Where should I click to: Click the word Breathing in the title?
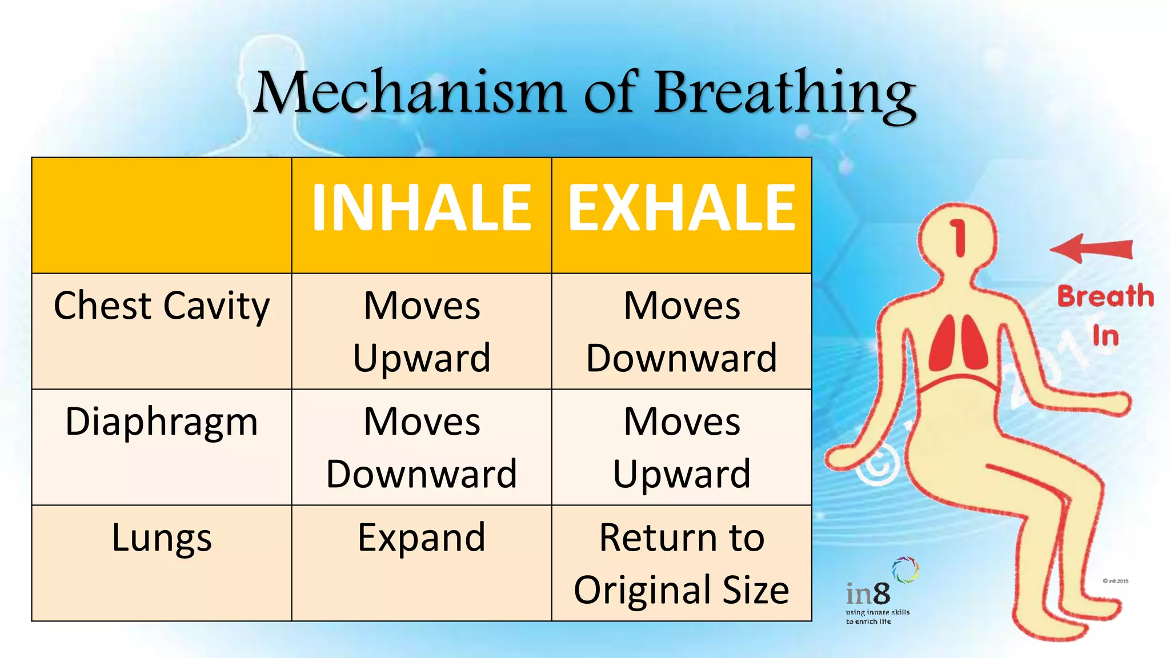coord(785,94)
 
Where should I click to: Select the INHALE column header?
coord(422,209)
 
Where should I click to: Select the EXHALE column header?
coord(682,209)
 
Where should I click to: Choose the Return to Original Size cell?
coord(682,563)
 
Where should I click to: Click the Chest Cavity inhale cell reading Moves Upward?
coord(422,332)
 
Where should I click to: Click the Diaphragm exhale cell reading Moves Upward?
coord(682,448)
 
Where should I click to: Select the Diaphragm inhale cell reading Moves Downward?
coord(422,448)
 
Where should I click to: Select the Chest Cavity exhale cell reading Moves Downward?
coord(682,332)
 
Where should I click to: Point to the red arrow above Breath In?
coord(1091,249)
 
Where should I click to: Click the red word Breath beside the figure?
coord(1105,296)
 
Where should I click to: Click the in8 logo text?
coord(868,595)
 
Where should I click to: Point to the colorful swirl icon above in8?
coord(905,569)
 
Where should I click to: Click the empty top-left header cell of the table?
coord(162,215)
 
